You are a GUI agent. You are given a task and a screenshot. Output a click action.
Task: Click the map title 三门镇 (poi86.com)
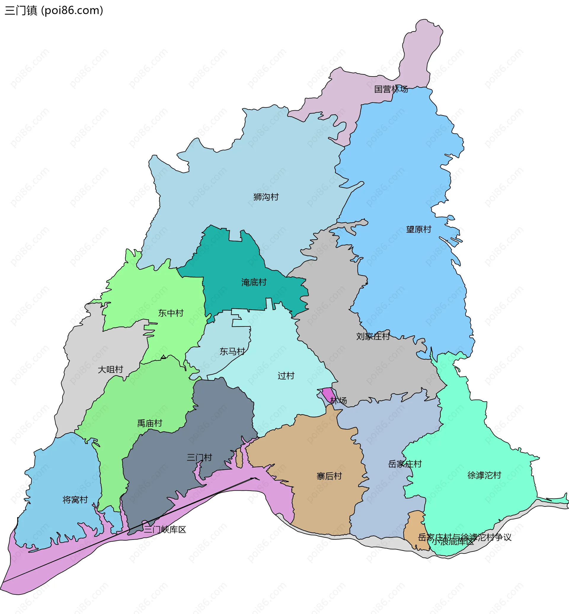click(54, 10)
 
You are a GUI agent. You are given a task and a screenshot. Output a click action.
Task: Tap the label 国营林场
click(391, 89)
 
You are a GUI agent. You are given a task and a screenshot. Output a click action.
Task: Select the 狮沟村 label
click(266, 197)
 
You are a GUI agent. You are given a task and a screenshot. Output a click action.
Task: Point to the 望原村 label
click(418, 229)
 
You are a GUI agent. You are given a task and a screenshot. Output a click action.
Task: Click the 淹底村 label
click(254, 282)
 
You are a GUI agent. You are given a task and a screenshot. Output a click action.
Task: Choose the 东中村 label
click(171, 313)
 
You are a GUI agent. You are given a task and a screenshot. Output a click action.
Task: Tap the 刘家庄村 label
click(373, 336)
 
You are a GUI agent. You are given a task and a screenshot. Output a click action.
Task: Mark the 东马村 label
click(232, 351)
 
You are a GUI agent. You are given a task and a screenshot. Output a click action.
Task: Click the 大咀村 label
click(110, 369)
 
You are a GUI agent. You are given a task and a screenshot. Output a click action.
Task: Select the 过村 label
click(286, 376)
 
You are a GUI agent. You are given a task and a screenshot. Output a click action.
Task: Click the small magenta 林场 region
click(329, 394)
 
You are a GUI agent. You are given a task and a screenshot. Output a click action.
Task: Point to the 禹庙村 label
click(149, 423)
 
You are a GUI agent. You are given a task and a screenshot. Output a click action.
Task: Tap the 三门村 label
click(199, 457)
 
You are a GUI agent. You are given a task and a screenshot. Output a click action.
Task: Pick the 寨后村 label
click(329, 476)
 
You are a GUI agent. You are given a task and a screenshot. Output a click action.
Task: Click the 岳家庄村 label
click(405, 464)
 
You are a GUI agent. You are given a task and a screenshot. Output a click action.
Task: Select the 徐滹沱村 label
click(484, 475)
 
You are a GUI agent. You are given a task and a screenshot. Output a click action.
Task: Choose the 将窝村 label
click(75, 499)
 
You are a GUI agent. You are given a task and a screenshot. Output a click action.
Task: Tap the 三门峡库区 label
click(165, 530)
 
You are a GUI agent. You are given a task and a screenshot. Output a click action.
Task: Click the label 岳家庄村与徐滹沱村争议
click(464, 537)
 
